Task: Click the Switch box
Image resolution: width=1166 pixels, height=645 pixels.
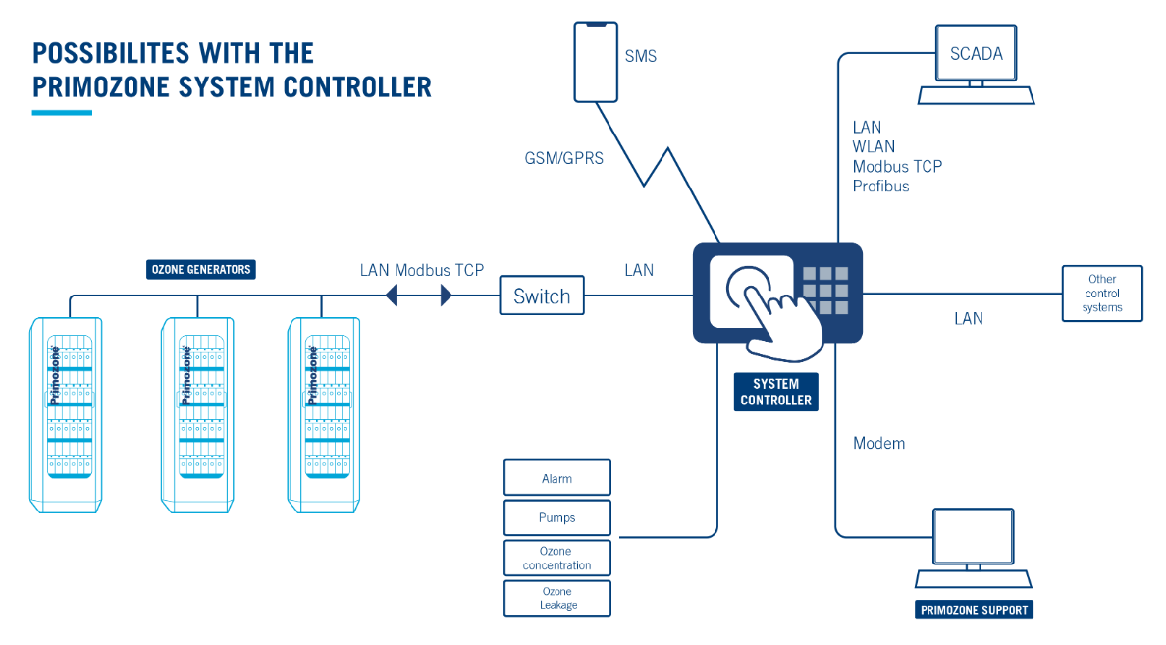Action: (542, 296)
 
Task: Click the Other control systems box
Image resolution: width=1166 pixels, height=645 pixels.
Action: (1102, 294)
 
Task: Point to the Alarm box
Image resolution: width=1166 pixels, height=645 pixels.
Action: (556, 478)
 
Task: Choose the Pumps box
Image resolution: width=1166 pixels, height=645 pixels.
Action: (556, 517)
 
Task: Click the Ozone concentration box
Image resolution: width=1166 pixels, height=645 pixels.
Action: (556, 558)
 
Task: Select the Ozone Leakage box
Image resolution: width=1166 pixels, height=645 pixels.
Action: (556, 598)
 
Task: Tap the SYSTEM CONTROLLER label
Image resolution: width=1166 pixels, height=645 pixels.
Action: (775, 392)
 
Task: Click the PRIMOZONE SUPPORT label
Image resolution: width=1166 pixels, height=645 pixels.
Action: (974, 610)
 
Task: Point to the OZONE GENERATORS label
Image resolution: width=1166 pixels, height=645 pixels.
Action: (200, 269)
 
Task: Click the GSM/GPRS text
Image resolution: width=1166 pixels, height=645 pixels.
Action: (562, 157)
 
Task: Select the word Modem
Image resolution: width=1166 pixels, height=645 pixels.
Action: (878, 443)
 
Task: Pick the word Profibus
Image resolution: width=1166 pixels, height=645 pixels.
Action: (880, 186)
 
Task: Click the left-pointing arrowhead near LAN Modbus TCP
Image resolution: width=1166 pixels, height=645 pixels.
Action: (390, 295)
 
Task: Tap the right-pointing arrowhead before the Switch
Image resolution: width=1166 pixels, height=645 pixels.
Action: (447, 295)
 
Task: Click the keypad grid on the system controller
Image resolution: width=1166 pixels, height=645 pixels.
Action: (825, 291)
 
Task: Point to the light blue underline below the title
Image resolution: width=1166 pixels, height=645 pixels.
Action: (62, 113)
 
